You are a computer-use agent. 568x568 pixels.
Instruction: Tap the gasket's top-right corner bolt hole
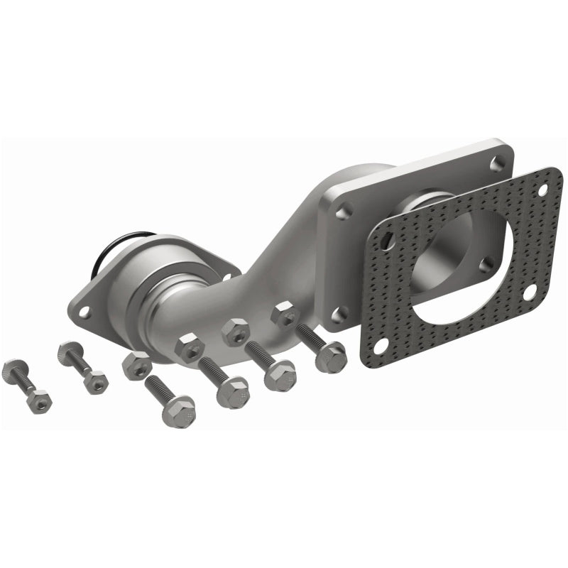543,190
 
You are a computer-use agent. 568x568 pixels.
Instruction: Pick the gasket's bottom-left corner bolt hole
380,345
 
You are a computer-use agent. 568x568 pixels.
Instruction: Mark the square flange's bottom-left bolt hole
339,313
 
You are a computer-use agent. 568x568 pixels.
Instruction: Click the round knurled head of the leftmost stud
14,371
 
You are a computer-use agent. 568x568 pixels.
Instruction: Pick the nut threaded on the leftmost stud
40,400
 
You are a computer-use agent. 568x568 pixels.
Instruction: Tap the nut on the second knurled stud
94,381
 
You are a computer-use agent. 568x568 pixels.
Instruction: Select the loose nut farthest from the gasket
136,365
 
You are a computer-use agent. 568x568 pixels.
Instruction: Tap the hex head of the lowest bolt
177,411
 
